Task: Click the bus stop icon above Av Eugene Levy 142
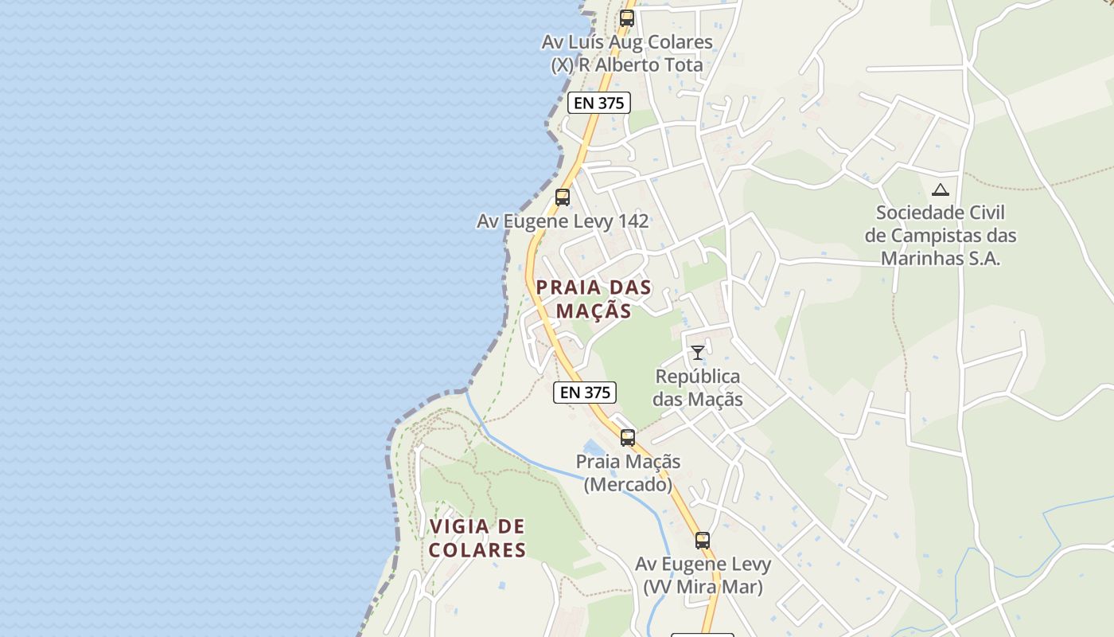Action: tap(563, 197)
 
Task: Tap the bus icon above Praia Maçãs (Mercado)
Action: tap(628, 437)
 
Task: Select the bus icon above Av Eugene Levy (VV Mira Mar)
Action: tap(702, 541)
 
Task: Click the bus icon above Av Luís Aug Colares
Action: tap(627, 18)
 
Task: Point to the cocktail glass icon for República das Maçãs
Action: tap(698, 352)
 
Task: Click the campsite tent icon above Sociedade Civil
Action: tap(941, 190)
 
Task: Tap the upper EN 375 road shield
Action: tap(599, 103)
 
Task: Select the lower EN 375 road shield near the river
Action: tap(585, 392)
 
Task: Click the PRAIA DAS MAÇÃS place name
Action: tap(594, 299)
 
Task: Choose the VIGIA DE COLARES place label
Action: tap(477, 538)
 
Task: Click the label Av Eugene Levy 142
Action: tap(563, 221)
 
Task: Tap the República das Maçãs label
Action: tap(698, 388)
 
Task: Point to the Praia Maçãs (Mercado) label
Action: tap(628, 473)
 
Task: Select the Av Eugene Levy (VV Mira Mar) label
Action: tap(703, 576)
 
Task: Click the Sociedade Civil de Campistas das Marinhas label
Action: tap(940, 236)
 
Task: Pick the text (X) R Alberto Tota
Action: tap(627, 65)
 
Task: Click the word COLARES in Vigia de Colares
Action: tap(477, 550)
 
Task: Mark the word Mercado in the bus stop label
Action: tap(628, 484)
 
